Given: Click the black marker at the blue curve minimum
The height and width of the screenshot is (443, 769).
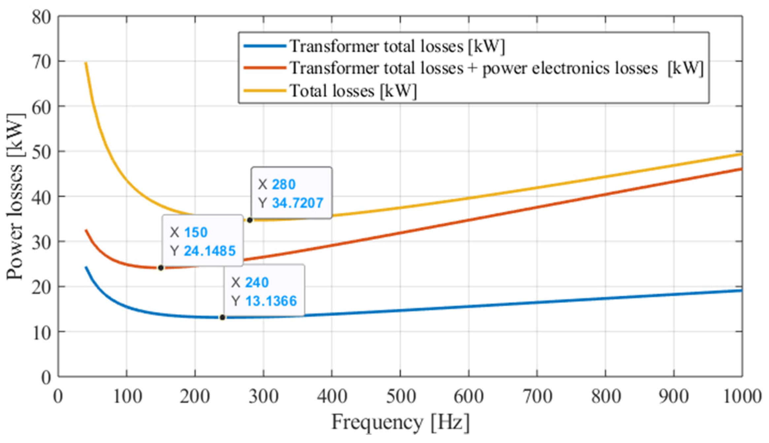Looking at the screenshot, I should coord(222,317).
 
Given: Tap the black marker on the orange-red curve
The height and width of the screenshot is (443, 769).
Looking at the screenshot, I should coord(161,268).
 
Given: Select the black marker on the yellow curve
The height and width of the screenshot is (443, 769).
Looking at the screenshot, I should coord(250,220).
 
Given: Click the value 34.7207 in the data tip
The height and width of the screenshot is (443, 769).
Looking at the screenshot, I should coord(297,203).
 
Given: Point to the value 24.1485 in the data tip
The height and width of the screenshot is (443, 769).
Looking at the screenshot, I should coord(210,251).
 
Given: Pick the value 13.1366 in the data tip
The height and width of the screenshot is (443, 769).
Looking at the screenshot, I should coord(271,301).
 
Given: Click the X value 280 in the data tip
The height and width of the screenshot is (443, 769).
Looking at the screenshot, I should coord(284,184).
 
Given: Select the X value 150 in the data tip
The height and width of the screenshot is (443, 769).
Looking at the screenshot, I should coord(196,232).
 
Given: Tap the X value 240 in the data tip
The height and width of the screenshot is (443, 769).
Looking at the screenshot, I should coord(257,282).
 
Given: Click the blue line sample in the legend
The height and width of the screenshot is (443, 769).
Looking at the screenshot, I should coord(264,46).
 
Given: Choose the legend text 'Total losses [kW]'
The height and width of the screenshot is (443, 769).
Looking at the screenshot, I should coord(353,91).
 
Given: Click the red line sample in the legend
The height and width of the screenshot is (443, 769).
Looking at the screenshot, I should coord(264,68).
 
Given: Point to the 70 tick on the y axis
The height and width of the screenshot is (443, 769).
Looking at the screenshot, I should coord(42,62).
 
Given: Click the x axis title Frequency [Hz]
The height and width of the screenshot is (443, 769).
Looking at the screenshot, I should coord(400,422).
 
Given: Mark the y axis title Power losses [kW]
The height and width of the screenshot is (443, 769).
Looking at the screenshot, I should coord(16,196).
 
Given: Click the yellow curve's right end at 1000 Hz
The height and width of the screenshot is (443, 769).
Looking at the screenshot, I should coord(741,154).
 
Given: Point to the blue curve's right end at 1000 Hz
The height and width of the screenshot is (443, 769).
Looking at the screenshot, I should coord(741,290).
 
